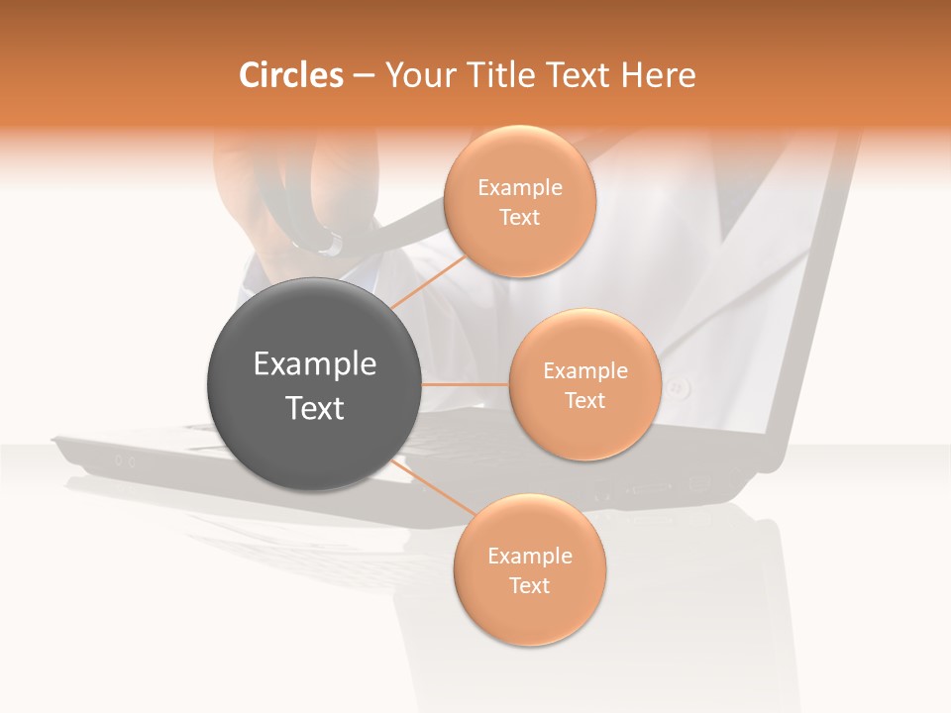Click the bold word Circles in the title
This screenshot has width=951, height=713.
click(291, 75)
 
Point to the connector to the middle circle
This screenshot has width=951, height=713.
click(466, 384)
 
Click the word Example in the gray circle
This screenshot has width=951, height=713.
click(314, 364)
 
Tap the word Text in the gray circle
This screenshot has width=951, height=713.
click(314, 408)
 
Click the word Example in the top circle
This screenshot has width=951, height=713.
click(519, 188)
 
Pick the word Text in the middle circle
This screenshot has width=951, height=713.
click(584, 400)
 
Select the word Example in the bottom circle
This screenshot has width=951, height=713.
click(529, 557)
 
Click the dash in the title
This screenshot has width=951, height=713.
click(363, 76)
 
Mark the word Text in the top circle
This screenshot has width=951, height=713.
click(519, 217)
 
